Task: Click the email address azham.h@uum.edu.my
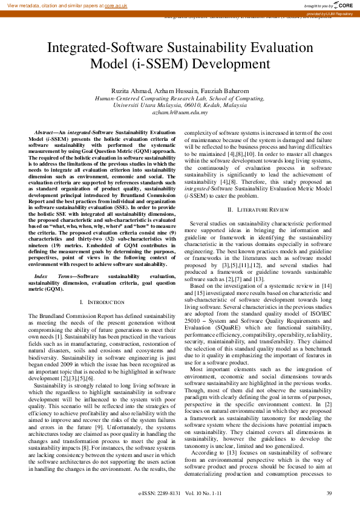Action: point(180,112)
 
